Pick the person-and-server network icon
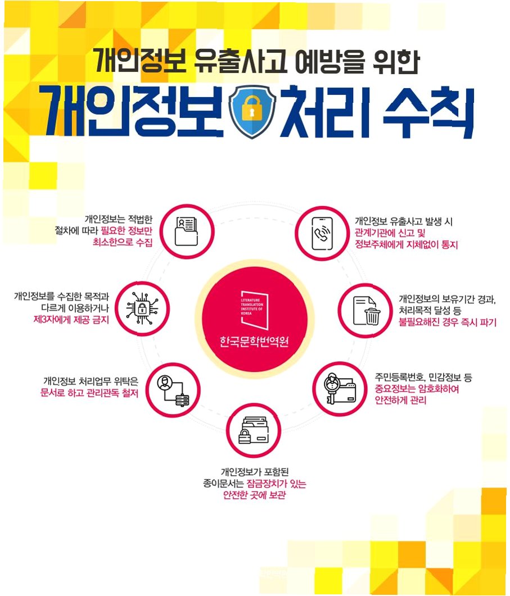tap(174, 390)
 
